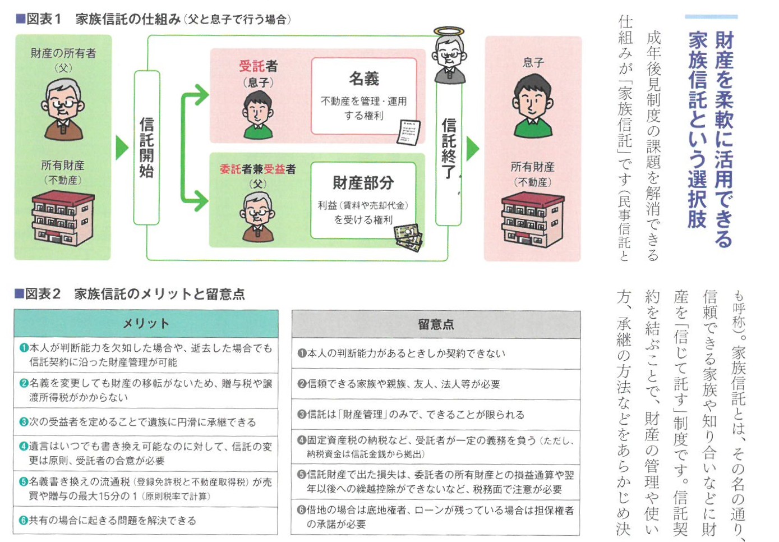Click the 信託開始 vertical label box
click(x=146, y=147)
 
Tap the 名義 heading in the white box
click(x=364, y=79)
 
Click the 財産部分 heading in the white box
click(x=363, y=183)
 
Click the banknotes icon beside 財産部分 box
click(x=408, y=238)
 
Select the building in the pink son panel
click(x=532, y=220)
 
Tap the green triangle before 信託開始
click(x=121, y=148)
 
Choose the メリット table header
click(x=146, y=324)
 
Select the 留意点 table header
click(x=436, y=324)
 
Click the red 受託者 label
click(x=257, y=66)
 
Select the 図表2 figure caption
click(x=130, y=294)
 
